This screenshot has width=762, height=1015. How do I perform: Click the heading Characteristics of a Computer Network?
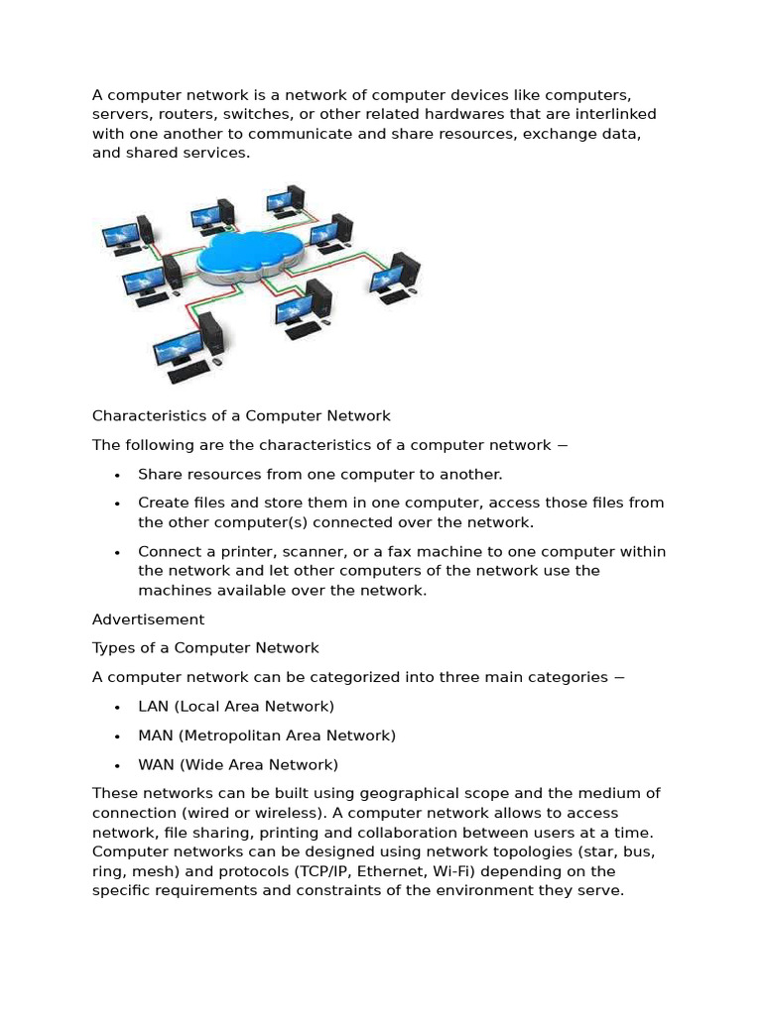pyautogui.click(x=241, y=415)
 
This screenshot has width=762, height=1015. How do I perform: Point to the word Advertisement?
pyautogui.click(x=148, y=620)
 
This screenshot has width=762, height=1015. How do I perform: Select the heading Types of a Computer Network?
pyautogui.click(x=205, y=648)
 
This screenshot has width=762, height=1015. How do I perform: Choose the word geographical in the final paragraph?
pyautogui.click(x=411, y=793)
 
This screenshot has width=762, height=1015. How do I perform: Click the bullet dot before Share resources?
pyautogui.click(x=117, y=475)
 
